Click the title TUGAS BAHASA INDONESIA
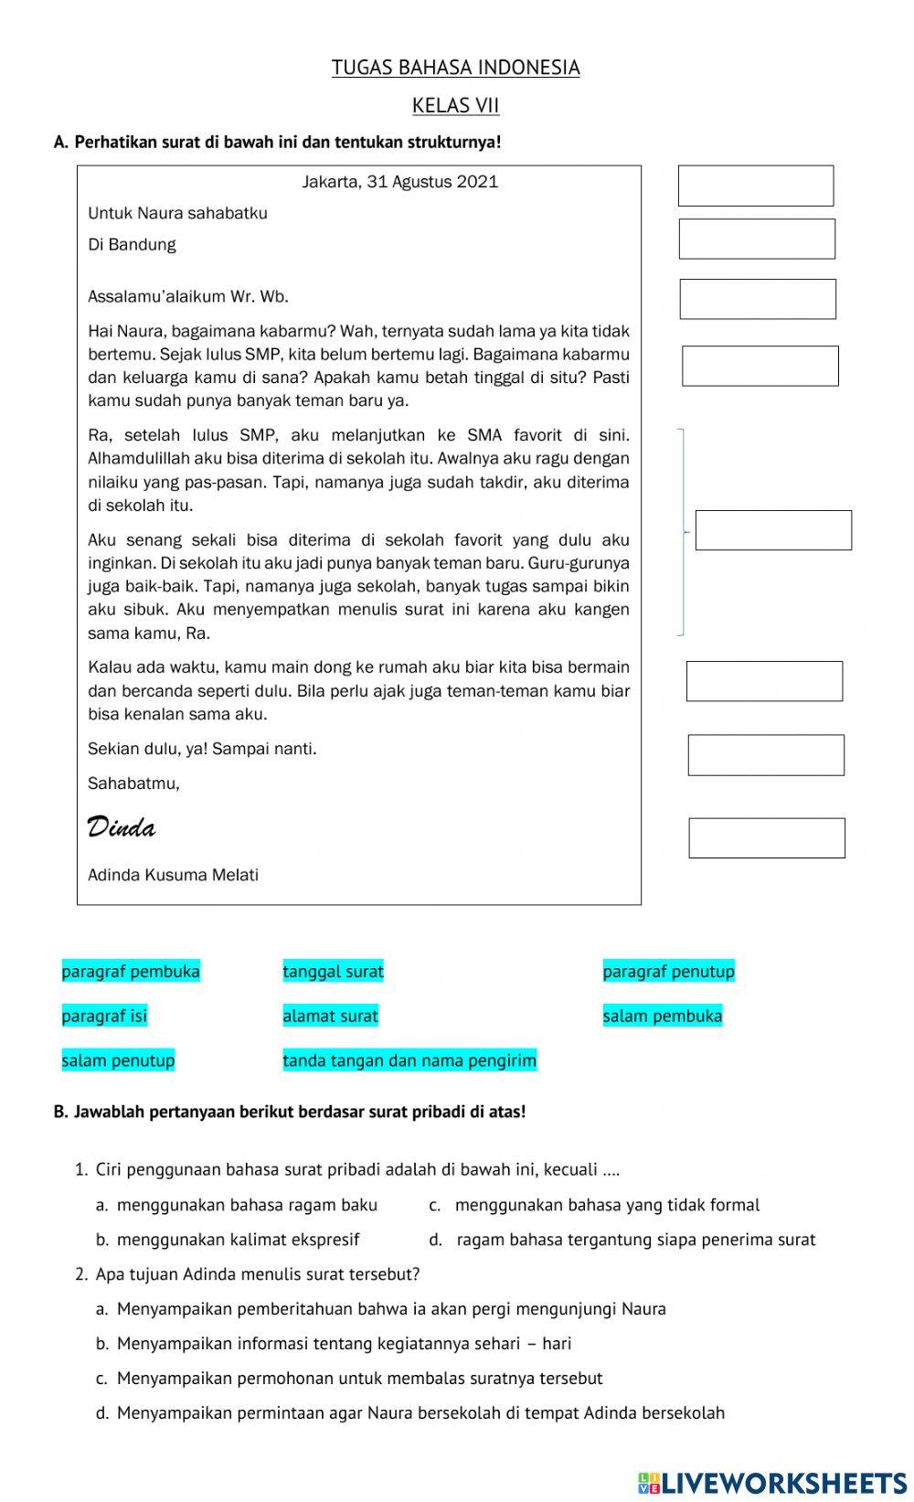[x=455, y=68]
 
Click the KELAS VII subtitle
[x=455, y=105]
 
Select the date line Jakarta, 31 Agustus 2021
[x=400, y=182]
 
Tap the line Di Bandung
[x=132, y=244]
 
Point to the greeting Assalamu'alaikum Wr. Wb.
[x=188, y=296]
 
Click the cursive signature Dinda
[x=121, y=827]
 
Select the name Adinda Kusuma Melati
[x=173, y=875]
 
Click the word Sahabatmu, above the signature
[x=133, y=783]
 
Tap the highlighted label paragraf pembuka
[x=131, y=971]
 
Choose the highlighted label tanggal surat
[x=333, y=971]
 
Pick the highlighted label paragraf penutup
[x=668, y=971]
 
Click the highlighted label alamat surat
[x=330, y=1016]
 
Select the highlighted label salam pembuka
[x=662, y=1016]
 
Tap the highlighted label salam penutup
[x=118, y=1060]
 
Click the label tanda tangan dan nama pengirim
[x=409, y=1060]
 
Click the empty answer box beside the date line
[x=756, y=186]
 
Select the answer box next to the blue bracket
[x=773, y=530]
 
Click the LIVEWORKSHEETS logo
[x=772, y=1482]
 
